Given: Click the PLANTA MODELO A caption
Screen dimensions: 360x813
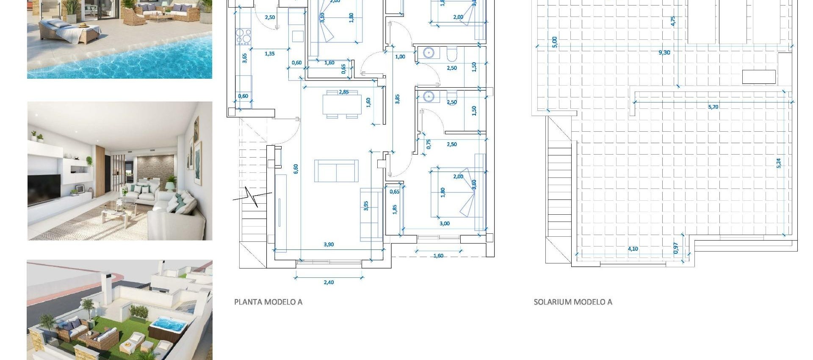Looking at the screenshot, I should (x=268, y=302).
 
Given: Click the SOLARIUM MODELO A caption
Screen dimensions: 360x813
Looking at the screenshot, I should (x=572, y=302).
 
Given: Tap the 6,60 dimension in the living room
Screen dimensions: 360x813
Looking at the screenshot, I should (x=296, y=169).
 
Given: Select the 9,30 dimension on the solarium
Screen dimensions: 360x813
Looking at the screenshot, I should (x=664, y=53).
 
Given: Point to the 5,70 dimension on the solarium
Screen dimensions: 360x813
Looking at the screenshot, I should (x=713, y=107).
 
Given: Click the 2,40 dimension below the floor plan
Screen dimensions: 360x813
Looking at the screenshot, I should (x=329, y=282).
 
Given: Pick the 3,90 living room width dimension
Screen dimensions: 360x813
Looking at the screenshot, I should (x=329, y=244).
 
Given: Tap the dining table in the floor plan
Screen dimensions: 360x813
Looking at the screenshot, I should (x=342, y=105).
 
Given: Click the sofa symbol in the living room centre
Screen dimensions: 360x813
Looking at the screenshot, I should (x=336, y=171).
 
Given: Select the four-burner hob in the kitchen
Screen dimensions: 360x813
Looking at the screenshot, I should (x=244, y=36).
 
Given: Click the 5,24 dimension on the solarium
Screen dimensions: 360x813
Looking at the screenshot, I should (x=778, y=163).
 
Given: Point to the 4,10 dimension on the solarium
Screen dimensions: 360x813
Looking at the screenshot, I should (x=633, y=249).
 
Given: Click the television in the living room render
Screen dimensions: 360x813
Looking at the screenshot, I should (x=44, y=189).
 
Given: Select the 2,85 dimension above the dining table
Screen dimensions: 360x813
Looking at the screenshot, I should (x=343, y=92).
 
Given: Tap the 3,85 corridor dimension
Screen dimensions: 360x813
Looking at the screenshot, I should (x=397, y=99).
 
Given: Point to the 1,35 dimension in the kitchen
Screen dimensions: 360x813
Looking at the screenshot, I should (x=269, y=54).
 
